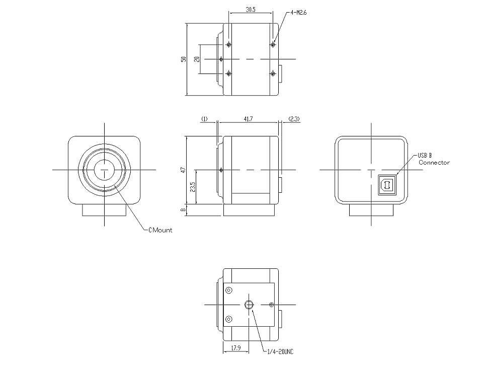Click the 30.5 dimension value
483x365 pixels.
tap(251, 9)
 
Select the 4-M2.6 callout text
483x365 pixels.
tap(298, 13)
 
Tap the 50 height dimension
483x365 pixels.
tap(184, 59)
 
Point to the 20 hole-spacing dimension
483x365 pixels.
tap(197, 58)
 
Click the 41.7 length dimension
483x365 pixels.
tap(248, 119)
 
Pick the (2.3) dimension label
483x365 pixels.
tap(294, 119)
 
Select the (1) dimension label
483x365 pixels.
tap(204, 119)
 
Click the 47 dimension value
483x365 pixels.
tap(184, 170)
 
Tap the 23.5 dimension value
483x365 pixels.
tap(193, 187)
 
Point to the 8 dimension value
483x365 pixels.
tap(184, 210)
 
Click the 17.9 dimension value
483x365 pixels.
tap(235, 348)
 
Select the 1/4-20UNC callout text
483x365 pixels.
tap(280, 351)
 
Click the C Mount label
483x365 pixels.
tap(160, 230)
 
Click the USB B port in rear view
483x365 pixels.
tap(386, 185)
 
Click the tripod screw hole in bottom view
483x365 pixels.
tap(249, 305)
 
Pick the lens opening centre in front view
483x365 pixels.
tap(105, 170)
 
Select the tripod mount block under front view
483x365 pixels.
tap(104, 210)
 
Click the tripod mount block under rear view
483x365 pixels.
tap(371, 210)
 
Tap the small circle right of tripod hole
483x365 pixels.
tap(271, 305)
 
